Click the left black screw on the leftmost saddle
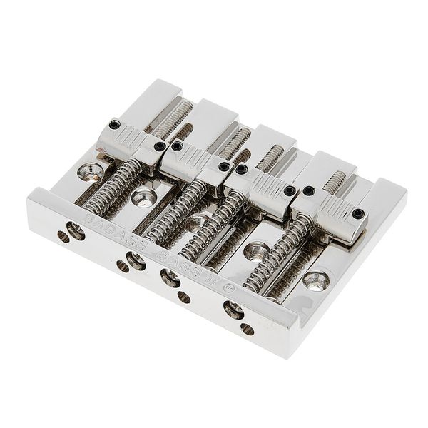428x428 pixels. pyautogui.click(x=113, y=126)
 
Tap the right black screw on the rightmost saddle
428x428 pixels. pyautogui.click(x=357, y=213)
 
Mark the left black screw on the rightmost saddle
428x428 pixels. pyautogui.click(x=308, y=191)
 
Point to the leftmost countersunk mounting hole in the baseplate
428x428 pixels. pyautogui.click(x=88, y=171)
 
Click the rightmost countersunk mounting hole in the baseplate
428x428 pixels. pyautogui.click(x=314, y=280)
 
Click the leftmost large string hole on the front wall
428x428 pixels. pyautogui.click(x=73, y=230)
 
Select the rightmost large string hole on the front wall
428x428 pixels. pyautogui.click(x=233, y=309)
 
